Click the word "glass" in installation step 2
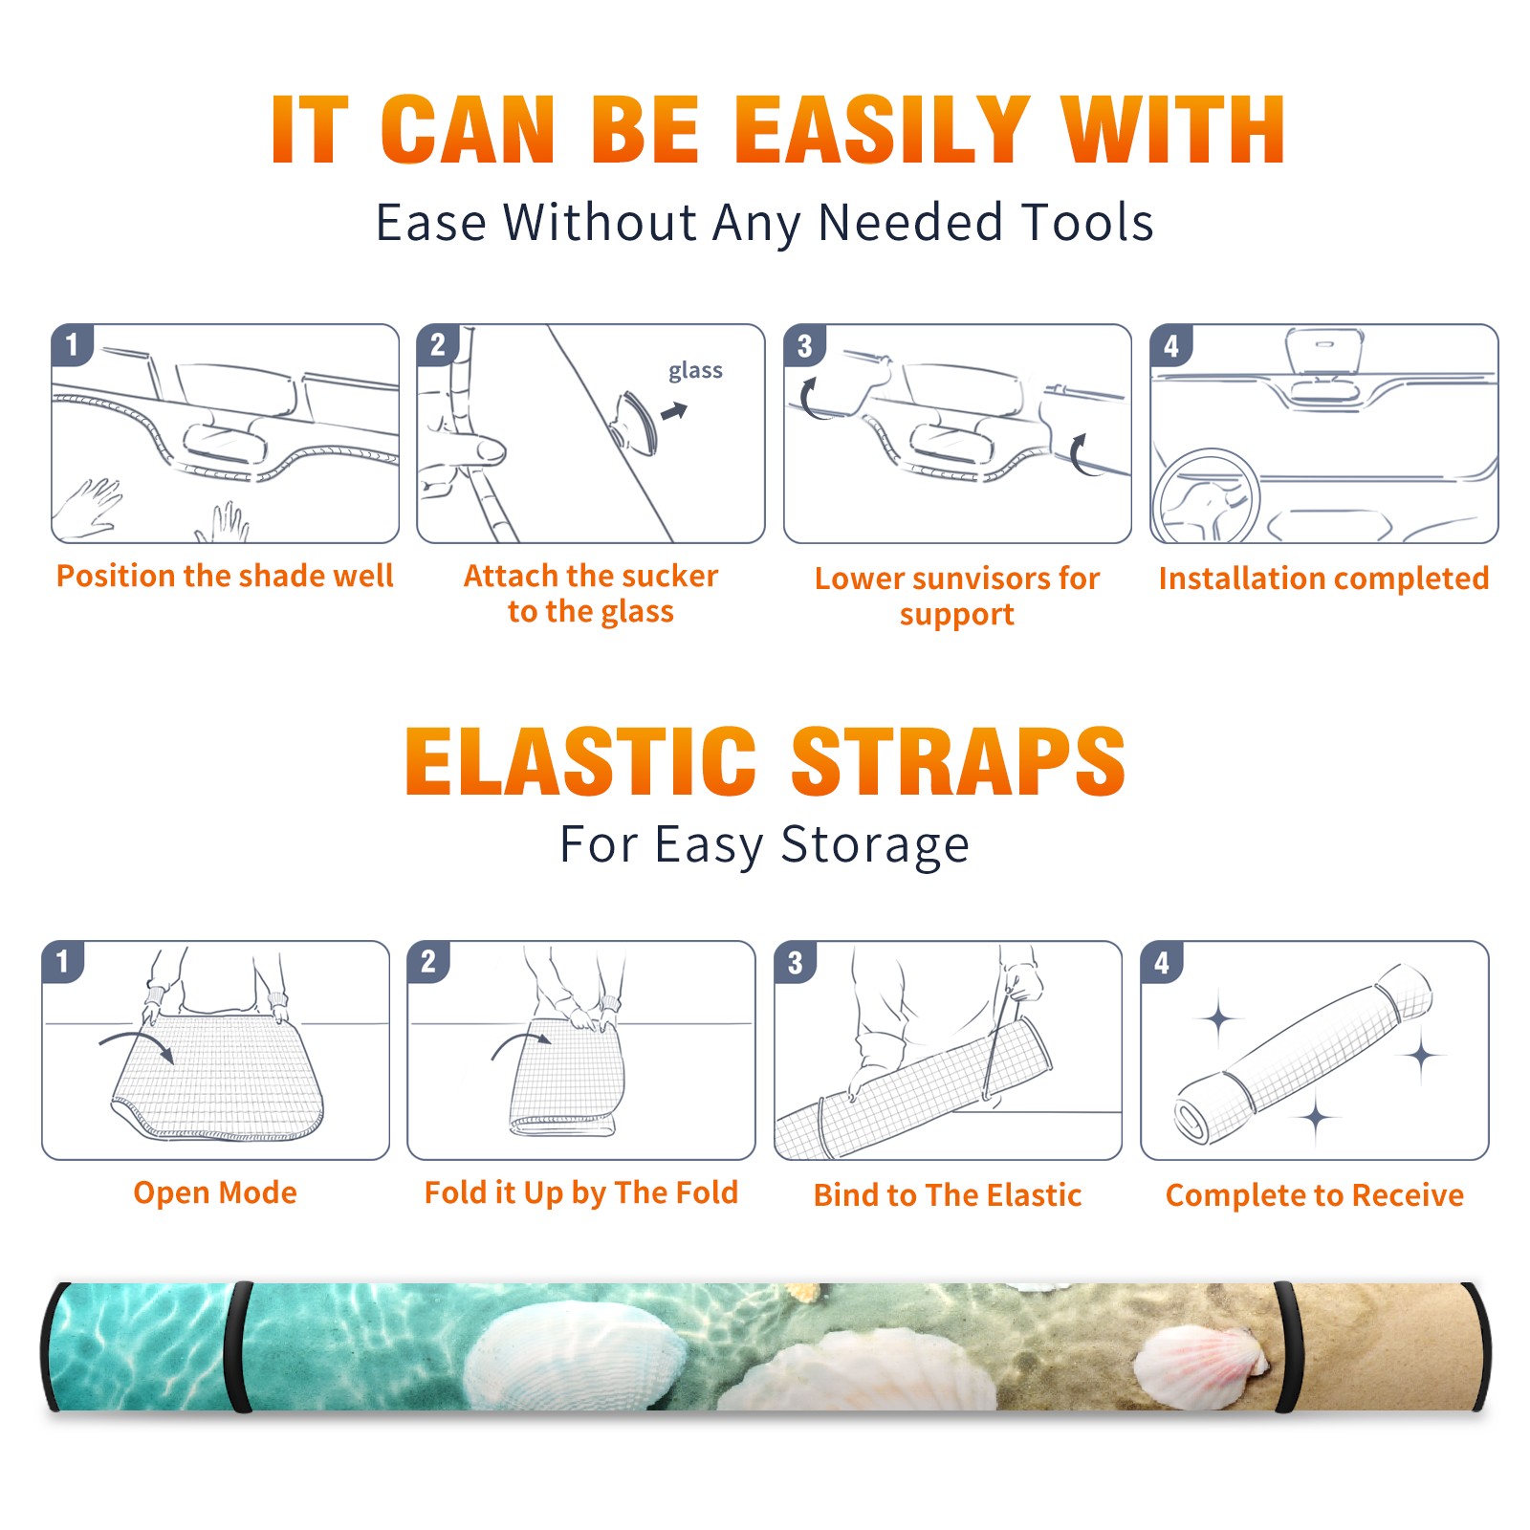695,371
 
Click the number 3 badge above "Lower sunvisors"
804,345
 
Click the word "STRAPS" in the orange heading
958,761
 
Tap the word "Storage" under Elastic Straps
875,845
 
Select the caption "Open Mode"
215,1192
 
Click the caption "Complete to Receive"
1315,1195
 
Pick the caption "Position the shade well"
225,576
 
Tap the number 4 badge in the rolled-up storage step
1162,962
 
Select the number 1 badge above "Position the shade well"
72,345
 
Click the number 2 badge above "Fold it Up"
428,962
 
